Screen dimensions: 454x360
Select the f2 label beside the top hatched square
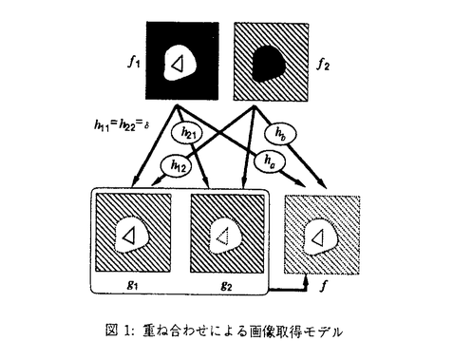click(x=323, y=65)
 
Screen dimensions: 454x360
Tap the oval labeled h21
click(x=188, y=133)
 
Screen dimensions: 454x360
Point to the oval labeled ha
click(x=270, y=161)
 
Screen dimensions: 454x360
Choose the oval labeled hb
click(x=281, y=134)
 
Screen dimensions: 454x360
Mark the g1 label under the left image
click(x=132, y=285)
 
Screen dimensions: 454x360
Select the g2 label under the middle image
click(x=226, y=286)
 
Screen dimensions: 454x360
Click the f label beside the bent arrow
click(x=322, y=286)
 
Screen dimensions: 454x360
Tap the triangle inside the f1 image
click(x=178, y=64)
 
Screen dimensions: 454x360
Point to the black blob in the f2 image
click(x=269, y=64)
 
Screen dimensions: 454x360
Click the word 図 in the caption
click(x=112, y=332)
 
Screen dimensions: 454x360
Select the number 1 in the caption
click(x=127, y=332)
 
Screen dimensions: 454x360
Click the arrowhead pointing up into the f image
click(x=306, y=280)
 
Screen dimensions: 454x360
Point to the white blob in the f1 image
click(x=180, y=63)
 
